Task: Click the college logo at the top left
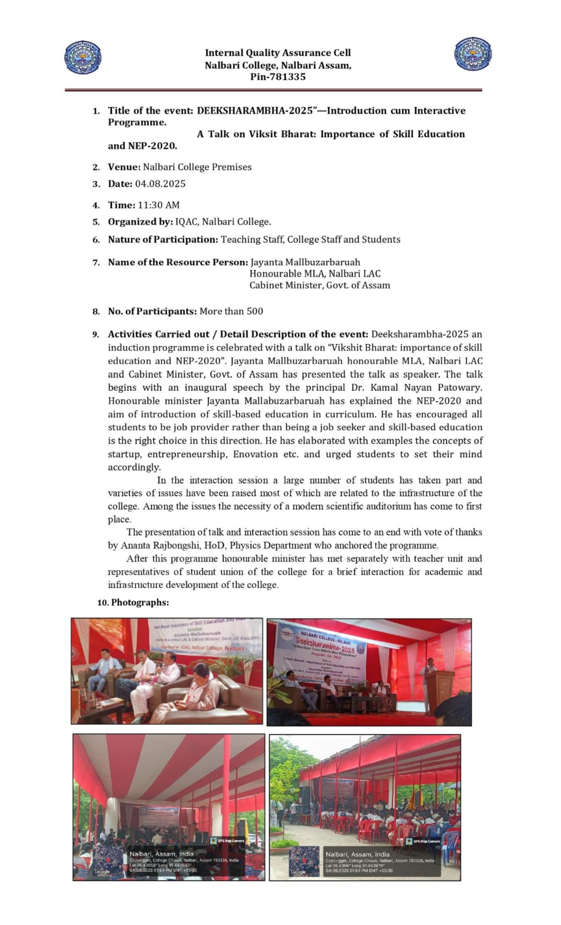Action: pyautogui.click(x=83, y=57)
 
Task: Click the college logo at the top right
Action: pyautogui.click(x=473, y=54)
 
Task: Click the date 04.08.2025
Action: pyautogui.click(x=160, y=184)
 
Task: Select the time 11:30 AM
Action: pyautogui.click(x=158, y=205)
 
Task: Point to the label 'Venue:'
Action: pyautogui.click(x=124, y=167)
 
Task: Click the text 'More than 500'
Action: pyautogui.click(x=231, y=311)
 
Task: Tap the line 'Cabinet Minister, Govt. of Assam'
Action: pyautogui.click(x=319, y=285)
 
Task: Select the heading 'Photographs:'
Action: pyautogui.click(x=140, y=602)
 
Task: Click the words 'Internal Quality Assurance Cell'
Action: pyautogui.click(x=278, y=53)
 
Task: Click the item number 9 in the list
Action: pyautogui.click(x=96, y=335)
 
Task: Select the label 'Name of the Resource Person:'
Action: pyautogui.click(x=178, y=262)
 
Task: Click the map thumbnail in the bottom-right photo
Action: pyautogui.click(x=304, y=861)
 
